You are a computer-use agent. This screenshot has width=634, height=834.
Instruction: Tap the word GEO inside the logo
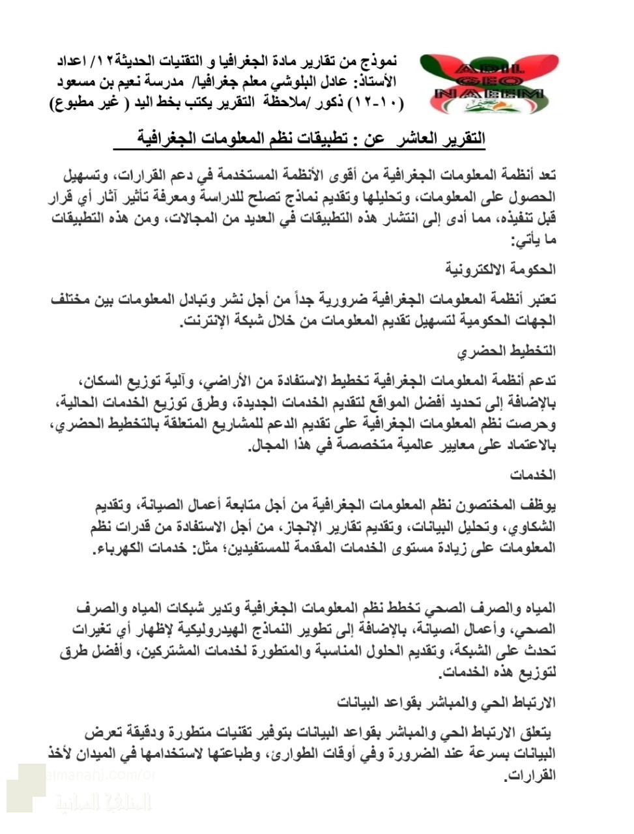[489, 82]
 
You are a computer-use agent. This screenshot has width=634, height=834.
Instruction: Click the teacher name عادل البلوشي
[323, 82]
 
